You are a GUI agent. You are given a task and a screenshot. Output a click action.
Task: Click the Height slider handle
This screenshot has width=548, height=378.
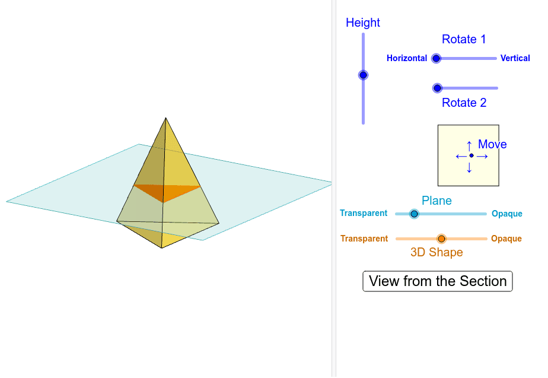tap(363, 75)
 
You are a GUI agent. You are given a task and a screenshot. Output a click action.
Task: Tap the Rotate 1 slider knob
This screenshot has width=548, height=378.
tap(437, 58)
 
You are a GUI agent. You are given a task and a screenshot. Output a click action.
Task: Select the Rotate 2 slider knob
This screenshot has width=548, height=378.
tap(438, 88)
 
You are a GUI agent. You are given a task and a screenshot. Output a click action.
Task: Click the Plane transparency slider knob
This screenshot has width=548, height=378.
tap(415, 214)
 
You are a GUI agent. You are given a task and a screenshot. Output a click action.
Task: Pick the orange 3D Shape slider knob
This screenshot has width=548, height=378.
tap(441, 239)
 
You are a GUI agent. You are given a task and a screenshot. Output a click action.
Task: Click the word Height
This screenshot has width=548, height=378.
tap(363, 23)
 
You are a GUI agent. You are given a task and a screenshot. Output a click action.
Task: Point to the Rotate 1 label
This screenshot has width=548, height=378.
tap(464, 39)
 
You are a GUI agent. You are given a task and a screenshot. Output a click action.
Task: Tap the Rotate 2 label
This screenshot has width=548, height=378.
tap(464, 103)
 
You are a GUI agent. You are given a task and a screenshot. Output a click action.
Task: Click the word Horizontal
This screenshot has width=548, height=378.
tap(407, 58)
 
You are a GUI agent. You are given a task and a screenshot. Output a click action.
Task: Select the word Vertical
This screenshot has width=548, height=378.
tap(515, 58)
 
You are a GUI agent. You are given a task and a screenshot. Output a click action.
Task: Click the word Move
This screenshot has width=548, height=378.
tap(492, 144)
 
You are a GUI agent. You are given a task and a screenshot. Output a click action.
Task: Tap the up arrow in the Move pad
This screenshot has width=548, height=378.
tap(469, 144)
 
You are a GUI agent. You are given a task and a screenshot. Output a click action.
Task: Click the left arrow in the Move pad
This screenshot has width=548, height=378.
tap(459, 156)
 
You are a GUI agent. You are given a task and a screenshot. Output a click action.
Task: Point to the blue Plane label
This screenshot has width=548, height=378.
tap(437, 201)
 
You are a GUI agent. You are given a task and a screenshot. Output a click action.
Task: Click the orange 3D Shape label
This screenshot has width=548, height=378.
tap(437, 252)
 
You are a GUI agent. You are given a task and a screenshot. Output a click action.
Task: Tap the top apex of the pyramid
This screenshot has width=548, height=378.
tap(166, 118)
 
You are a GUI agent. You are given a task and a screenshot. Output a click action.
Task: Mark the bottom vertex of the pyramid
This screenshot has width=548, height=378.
tap(161, 247)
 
